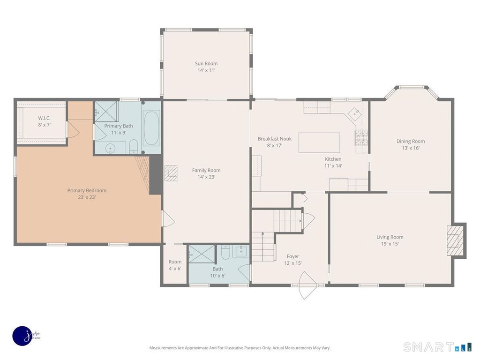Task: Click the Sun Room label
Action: click(x=206, y=64)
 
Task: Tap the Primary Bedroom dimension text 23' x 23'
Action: click(x=87, y=197)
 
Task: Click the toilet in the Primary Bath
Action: click(x=134, y=146)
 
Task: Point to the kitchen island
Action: click(x=319, y=142)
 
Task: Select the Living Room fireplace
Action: click(x=456, y=240)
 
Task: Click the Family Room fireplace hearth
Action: click(x=171, y=173)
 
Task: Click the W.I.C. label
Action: click(x=45, y=118)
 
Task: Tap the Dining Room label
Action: click(x=411, y=142)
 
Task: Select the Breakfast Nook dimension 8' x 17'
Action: click(x=275, y=146)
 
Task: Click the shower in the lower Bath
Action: click(x=201, y=254)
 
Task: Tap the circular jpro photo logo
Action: click(x=22, y=336)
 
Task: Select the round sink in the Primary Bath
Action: click(x=110, y=149)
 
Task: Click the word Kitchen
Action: click(x=333, y=159)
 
